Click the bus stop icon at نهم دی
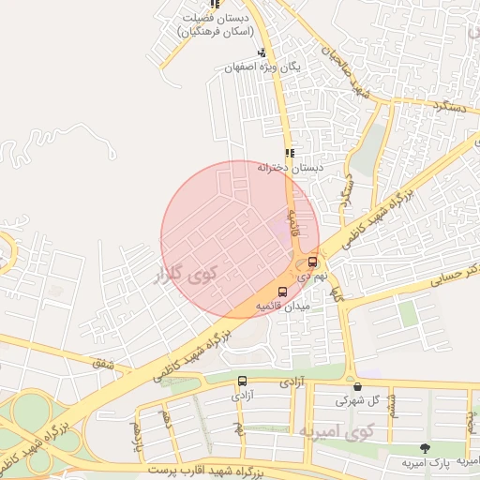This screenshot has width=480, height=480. pyautogui.click(x=312, y=262)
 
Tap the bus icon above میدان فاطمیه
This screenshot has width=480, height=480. pyautogui.click(x=283, y=292)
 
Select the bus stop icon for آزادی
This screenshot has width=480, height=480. pyautogui.click(x=244, y=382)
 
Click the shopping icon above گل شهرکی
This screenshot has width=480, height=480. pyautogui.click(x=356, y=386)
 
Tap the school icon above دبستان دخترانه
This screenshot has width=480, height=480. pyautogui.click(x=290, y=153)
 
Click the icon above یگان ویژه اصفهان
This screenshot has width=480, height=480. pyautogui.click(x=262, y=52)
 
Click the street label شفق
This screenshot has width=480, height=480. pyautogui.click(x=100, y=363)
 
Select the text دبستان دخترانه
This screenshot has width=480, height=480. pyautogui.click(x=291, y=168)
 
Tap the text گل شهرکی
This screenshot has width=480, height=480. pyautogui.click(x=362, y=400)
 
